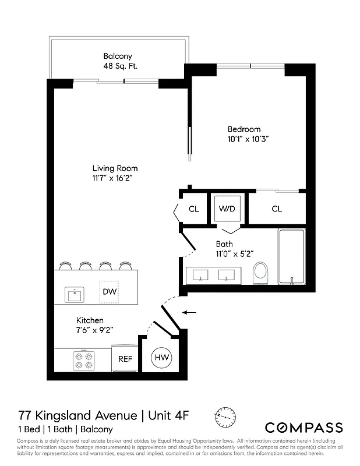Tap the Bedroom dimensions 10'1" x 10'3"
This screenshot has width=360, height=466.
pyautogui.click(x=248, y=140)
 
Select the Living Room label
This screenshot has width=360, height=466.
pyautogui.click(x=115, y=168)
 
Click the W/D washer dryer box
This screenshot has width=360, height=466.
pyautogui.click(x=227, y=209)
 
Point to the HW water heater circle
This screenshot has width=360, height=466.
pyautogui.click(x=161, y=358)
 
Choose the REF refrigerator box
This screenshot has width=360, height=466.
pyautogui.click(x=126, y=359)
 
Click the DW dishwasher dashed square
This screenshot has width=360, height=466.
pyautogui.click(x=109, y=291)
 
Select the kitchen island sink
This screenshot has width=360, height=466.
pyautogui.click(x=75, y=294)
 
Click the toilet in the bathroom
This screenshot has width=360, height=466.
pyautogui.click(x=262, y=273)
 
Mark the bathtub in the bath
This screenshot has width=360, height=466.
pyautogui.click(x=292, y=257)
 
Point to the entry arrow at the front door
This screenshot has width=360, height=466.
pyautogui.click(x=189, y=313)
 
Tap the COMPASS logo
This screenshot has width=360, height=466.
pyautogui.click(x=303, y=427)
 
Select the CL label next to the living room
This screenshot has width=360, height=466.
pyautogui.click(x=194, y=209)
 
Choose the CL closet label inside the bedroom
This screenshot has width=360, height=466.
pyautogui.click(x=277, y=209)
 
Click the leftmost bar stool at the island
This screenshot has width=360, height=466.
pyautogui.click(x=66, y=266)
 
